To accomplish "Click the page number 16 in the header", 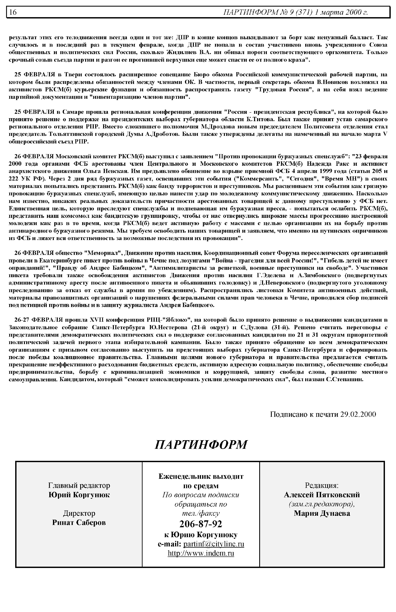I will [x=13, y=12].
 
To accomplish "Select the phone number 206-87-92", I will [x=201, y=524].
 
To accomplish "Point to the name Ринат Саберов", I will [x=79, y=522].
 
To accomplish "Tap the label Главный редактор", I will [x=79, y=485].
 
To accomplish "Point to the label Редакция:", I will [x=322, y=485].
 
